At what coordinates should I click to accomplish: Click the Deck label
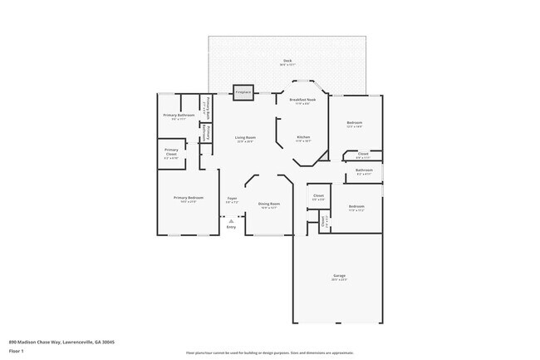[x=287, y=61]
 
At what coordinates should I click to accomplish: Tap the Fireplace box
[x=243, y=92]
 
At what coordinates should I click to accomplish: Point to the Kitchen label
[x=303, y=137]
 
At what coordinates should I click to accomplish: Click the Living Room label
[x=244, y=137]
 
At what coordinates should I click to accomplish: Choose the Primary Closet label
[x=171, y=153]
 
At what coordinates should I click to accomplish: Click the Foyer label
[x=232, y=198]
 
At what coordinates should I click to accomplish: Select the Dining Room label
[x=268, y=204]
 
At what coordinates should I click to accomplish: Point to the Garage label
[x=340, y=275]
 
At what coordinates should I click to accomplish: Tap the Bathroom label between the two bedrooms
[x=364, y=170]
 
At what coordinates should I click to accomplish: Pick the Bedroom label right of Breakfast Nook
[x=355, y=123]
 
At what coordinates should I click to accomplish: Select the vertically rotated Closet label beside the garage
[x=323, y=220]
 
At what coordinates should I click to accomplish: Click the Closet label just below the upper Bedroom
[x=363, y=153]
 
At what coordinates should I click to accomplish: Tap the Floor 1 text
[x=16, y=351]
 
